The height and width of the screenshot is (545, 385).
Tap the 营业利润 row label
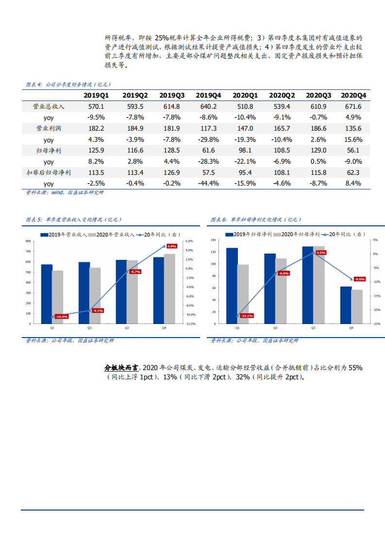[49, 128]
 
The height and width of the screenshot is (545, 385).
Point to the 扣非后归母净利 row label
[49, 172]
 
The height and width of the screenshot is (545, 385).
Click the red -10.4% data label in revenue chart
[62, 317]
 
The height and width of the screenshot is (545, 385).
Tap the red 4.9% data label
[171, 246]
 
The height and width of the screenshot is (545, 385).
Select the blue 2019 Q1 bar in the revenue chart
[47, 294]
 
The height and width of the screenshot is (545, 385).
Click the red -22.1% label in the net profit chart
[247, 316]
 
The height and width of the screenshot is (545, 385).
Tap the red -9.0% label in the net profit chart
[359, 279]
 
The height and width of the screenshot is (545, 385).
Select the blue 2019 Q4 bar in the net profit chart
[346, 305]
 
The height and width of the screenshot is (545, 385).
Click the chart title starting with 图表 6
[256, 220]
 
